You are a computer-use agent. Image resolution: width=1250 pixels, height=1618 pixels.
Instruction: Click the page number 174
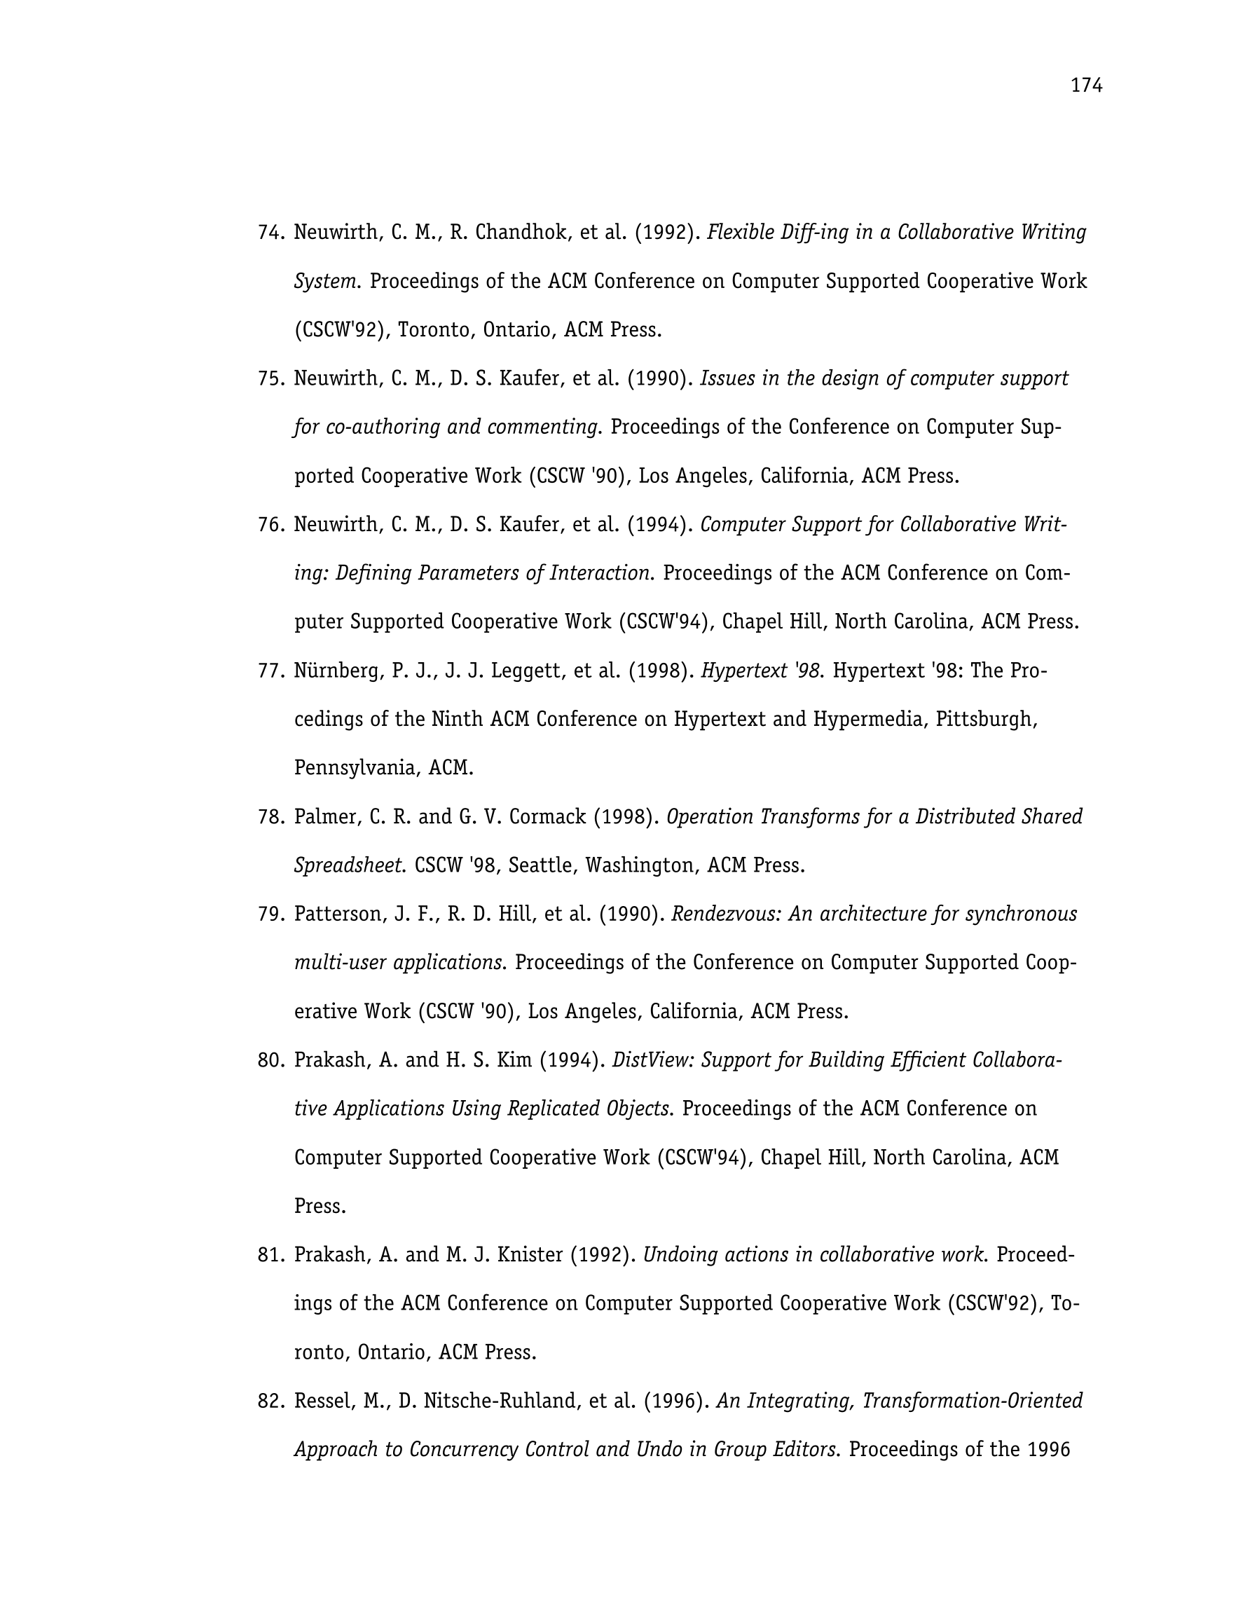tap(1086, 87)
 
